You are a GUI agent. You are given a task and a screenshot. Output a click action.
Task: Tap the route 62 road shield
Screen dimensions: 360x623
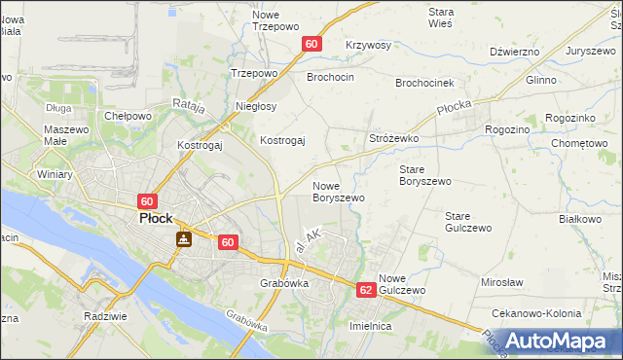(x=365, y=290)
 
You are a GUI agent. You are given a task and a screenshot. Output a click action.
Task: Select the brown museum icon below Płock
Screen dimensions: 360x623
(x=183, y=238)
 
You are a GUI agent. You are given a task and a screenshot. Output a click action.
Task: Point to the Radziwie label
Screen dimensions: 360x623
(x=107, y=317)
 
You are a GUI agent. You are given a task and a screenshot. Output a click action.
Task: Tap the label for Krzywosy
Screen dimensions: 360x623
(x=368, y=46)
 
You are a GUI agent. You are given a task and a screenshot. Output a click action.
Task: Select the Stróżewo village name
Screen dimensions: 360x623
(x=393, y=139)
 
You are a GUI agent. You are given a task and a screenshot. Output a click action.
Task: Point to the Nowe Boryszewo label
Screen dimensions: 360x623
(x=338, y=191)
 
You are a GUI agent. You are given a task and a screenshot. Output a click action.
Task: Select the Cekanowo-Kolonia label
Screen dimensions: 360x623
(x=537, y=314)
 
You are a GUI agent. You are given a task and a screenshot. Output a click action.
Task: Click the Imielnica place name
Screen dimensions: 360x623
(x=370, y=327)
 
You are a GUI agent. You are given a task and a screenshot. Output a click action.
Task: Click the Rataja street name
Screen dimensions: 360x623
(x=188, y=106)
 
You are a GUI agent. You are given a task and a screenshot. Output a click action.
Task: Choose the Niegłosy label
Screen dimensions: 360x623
(x=256, y=106)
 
